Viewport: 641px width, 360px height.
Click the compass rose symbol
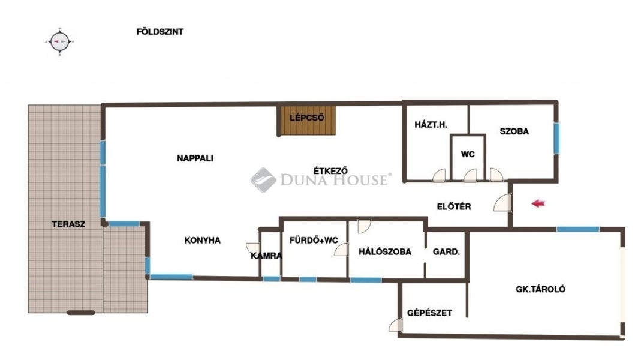point(60,41)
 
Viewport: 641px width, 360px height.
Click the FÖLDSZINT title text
point(160,31)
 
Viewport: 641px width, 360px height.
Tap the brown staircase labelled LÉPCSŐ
point(306,120)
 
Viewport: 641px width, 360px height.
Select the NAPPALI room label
point(195,158)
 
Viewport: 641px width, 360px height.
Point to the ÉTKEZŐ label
point(331,170)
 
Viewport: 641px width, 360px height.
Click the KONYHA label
point(202,241)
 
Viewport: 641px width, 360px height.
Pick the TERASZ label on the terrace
point(69,224)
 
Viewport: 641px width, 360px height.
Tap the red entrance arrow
point(538,203)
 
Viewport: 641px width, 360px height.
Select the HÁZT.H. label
point(431,125)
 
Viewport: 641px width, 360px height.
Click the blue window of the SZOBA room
point(556,138)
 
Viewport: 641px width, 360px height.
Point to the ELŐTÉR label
point(454,206)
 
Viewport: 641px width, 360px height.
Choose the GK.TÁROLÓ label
point(540,289)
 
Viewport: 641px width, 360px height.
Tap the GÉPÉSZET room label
point(429,313)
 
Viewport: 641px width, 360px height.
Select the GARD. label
point(446,252)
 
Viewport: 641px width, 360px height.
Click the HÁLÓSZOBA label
point(385,252)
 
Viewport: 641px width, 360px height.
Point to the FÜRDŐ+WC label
point(314,240)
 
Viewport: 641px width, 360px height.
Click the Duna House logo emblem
point(263,179)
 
